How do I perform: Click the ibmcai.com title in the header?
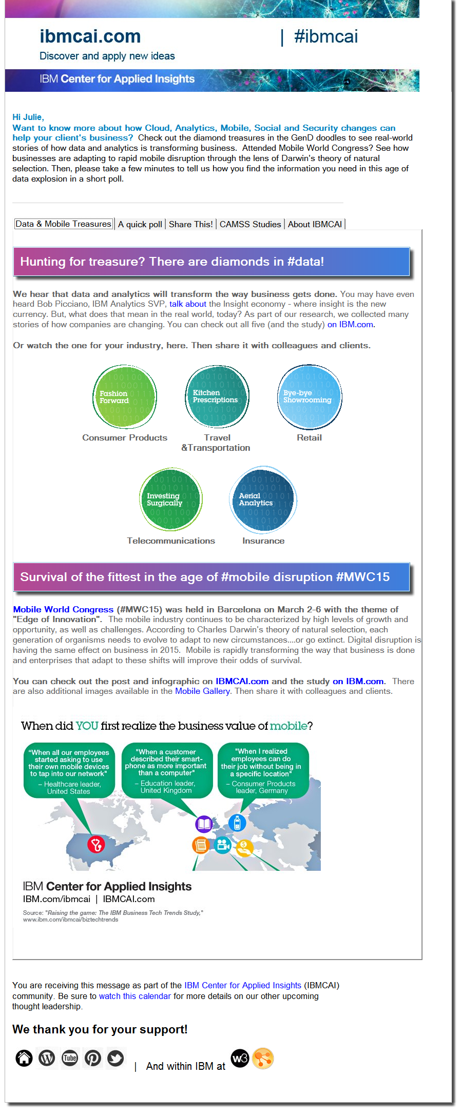click(x=90, y=36)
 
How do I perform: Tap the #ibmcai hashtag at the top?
click(x=326, y=36)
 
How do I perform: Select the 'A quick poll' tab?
click(x=140, y=224)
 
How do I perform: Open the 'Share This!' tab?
click(x=190, y=224)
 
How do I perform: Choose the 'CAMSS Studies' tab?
click(x=250, y=224)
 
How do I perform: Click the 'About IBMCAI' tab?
click(x=315, y=224)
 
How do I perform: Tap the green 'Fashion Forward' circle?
click(x=125, y=397)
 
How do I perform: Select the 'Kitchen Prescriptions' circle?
click(x=217, y=396)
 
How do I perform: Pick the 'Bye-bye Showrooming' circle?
click(x=310, y=397)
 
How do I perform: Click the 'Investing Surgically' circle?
click(x=171, y=499)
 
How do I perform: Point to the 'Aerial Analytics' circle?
click(x=263, y=500)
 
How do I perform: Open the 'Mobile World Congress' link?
click(x=63, y=609)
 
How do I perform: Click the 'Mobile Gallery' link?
click(x=202, y=691)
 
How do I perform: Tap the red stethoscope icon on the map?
click(x=96, y=844)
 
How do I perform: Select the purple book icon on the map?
click(x=204, y=824)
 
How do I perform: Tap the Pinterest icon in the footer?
click(x=93, y=1057)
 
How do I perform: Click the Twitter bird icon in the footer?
click(x=115, y=1057)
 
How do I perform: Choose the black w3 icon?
click(x=240, y=1057)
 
